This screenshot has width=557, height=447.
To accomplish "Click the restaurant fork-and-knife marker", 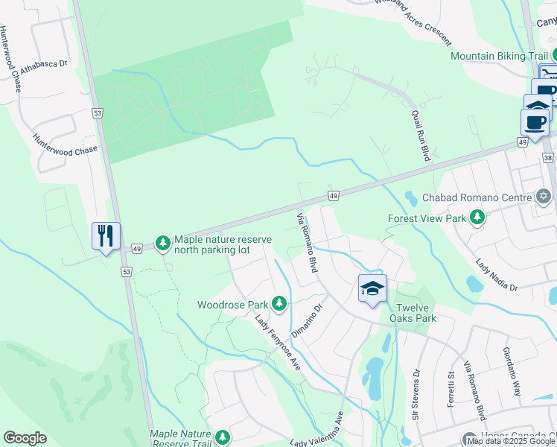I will pyautogui.click(x=106, y=236).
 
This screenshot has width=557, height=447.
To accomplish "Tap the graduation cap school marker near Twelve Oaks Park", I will pyautogui.click(x=372, y=288).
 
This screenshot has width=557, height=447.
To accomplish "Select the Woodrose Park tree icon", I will pyautogui.click(x=279, y=303).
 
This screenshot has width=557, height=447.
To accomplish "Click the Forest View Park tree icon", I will pyautogui.click(x=477, y=218).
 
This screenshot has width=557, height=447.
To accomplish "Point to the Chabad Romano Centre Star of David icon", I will pyautogui.click(x=544, y=197).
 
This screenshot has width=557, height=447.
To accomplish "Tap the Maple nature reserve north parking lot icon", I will pyautogui.click(x=162, y=243).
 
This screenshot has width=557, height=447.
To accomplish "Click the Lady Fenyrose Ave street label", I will pyautogui.click(x=278, y=343).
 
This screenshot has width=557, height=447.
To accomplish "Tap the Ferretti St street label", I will pyautogui.click(x=451, y=384).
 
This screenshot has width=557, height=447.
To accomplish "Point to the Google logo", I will pyautogui.click(x=25, y=438).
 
